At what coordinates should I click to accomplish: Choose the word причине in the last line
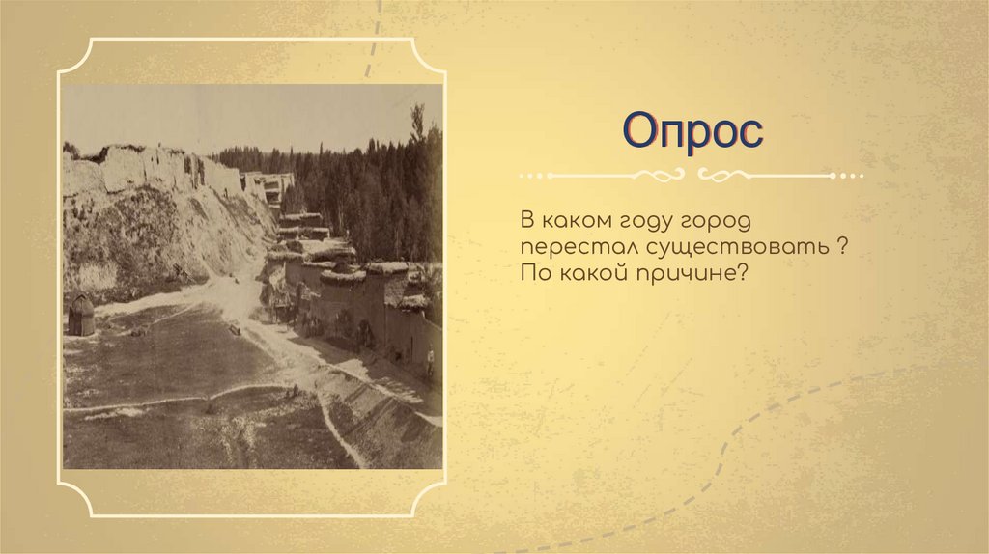(701, 275)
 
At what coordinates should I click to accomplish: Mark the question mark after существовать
(843, 249)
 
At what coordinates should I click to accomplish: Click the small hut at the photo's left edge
(81, 316)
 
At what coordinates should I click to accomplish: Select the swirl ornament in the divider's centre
(692, 176)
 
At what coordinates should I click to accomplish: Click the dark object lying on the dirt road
(235, 329)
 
